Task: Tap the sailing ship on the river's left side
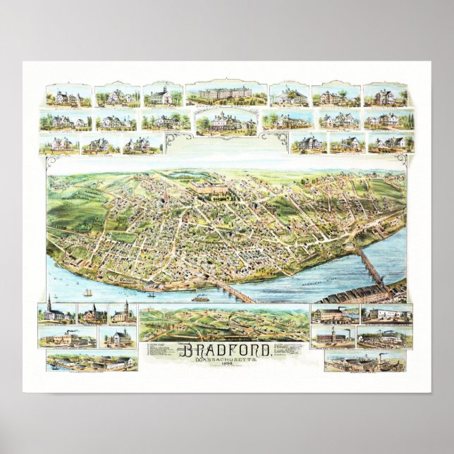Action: pos(87,293)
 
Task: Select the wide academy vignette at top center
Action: pos(226,94)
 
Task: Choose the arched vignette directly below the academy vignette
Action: pos(226,123)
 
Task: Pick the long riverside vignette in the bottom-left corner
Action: pos(90,362)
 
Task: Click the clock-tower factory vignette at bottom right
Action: pos(334,337)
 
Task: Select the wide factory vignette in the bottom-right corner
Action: pos(365,362)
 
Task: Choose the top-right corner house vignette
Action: pos(385,95)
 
